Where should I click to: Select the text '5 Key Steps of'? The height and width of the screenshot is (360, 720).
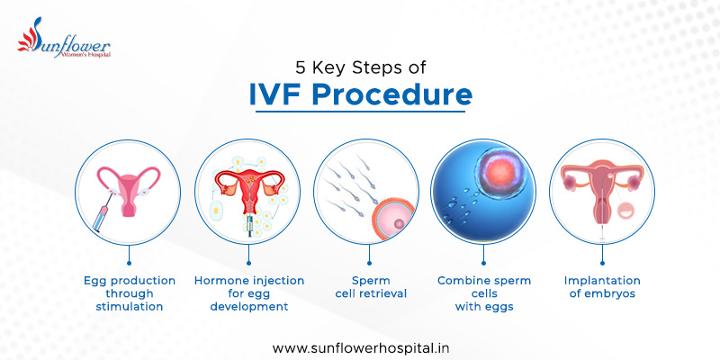360,67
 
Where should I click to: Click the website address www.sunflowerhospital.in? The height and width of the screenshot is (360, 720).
360,346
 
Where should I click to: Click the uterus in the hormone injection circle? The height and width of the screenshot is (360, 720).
248,184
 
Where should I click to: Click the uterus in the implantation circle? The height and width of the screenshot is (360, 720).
601,184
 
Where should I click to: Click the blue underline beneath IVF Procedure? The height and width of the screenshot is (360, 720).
360,112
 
